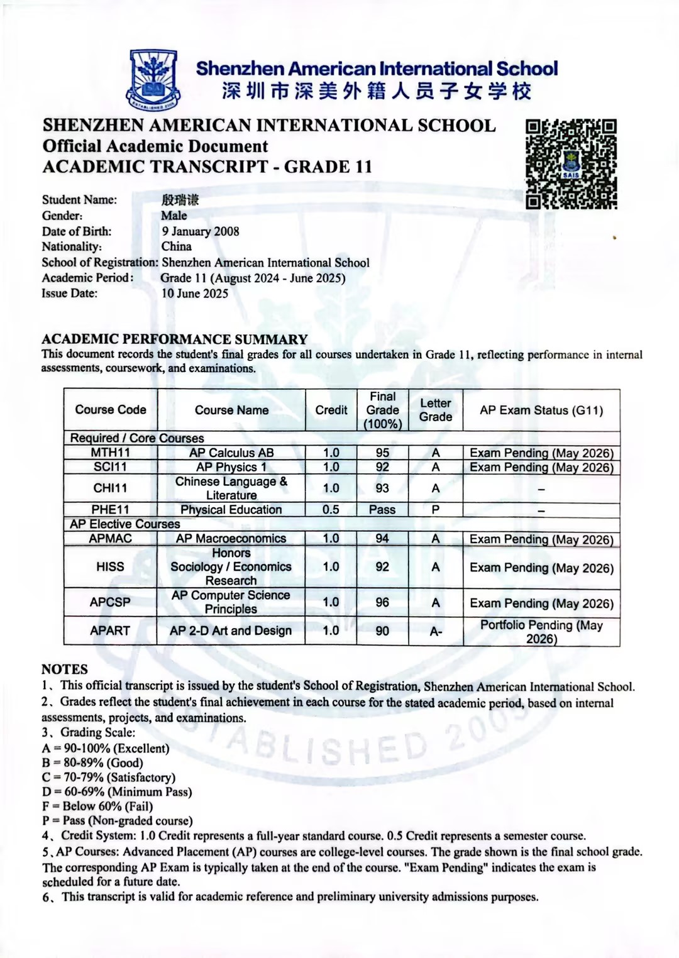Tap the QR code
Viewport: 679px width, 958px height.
pyautogui.click(x=571, y=164)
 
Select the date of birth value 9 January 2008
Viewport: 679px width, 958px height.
pyautogui.click(x=200, y=231)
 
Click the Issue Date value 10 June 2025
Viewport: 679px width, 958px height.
pyautogui.click(x=195, y=294)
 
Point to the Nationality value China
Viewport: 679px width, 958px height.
pyautogui.click(x=176, y=246)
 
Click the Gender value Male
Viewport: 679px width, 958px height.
pyautogui.click(x=174, y=216)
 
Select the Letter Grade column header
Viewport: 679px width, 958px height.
pyautogui.click(x=436, y=410)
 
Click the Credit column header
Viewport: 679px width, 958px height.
pyautogui.click(x=331, y=410)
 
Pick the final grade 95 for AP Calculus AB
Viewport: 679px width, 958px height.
pyautogui.click(x=382, y=453)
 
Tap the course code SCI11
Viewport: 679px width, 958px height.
pyautogui.click(x=110, y=467)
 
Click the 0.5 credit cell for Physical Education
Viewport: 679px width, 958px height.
pyautogui.click(x=331, y=510)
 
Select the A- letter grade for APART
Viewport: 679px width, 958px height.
pyautogui.click(x=436, y=631)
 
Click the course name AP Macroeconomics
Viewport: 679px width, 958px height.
pyautogui.click(x=231, y=539)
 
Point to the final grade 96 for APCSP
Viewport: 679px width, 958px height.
pyautogui.click(x=382, y=602)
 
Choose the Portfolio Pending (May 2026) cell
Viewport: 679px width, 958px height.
pyautogui.click(x=541, y=632)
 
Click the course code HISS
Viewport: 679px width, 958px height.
pyautogui.click(x=110, y=567)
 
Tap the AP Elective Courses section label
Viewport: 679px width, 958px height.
pyautogui.click(x=124, y=524)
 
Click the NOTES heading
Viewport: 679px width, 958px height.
pyautogui.click(x=65, y=669)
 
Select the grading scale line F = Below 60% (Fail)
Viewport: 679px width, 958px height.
pyautogui.click(x=97, y=807)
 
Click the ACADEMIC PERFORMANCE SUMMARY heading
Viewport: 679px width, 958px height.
pyautogui.click(x=174, y=339)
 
